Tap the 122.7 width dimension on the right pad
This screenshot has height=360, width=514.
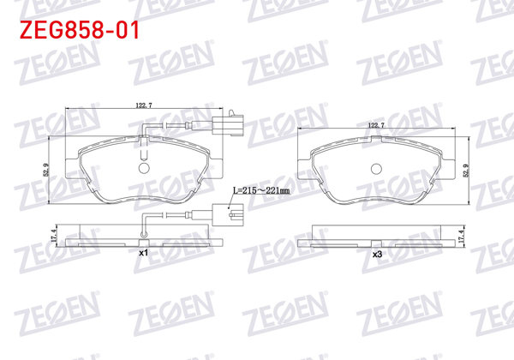[x=375, y=126]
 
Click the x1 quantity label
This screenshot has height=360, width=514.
[x=144, y=255]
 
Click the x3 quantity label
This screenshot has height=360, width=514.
[x=375, y=255]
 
